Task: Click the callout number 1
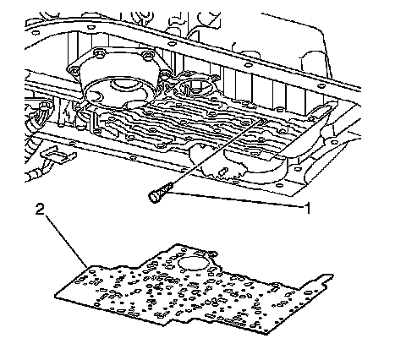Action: point(307,208)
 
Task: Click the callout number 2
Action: point(40,210)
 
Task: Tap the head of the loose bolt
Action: point(153,196)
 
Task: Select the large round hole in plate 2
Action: point(193,264)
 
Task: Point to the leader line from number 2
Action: point(66,241)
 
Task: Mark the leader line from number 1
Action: point(236,200)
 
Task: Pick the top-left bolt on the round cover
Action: point(99,52)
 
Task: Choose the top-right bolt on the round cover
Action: point(148,54)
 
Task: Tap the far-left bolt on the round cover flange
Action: point(73,69)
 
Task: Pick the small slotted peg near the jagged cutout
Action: point(224,171)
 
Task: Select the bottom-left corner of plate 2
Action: point(55,296)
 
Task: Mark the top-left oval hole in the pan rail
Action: point(36,33)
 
